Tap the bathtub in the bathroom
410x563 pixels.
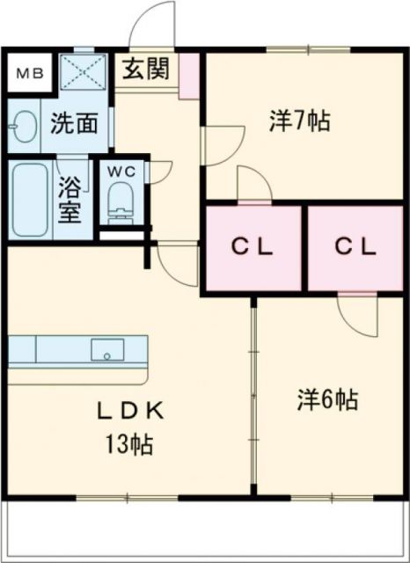point(29,201)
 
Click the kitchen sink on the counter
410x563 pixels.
point(108,350)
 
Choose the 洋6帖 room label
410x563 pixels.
point(326,400)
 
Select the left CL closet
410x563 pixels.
point(253,247)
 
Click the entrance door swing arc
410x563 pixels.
point(154,26)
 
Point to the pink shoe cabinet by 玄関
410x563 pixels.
point(189,77)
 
